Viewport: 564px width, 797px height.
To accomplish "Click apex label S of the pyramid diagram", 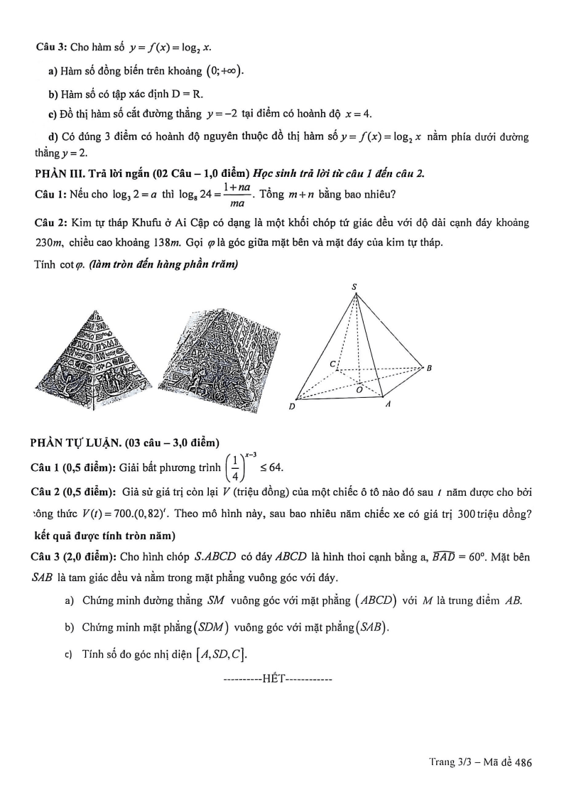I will [x=354, y=287].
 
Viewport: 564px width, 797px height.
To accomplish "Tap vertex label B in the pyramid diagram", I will [x=428, y=367].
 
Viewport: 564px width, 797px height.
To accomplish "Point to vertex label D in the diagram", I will [x=292, y=407].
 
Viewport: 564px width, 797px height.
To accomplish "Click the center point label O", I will [x=359, y=390].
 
